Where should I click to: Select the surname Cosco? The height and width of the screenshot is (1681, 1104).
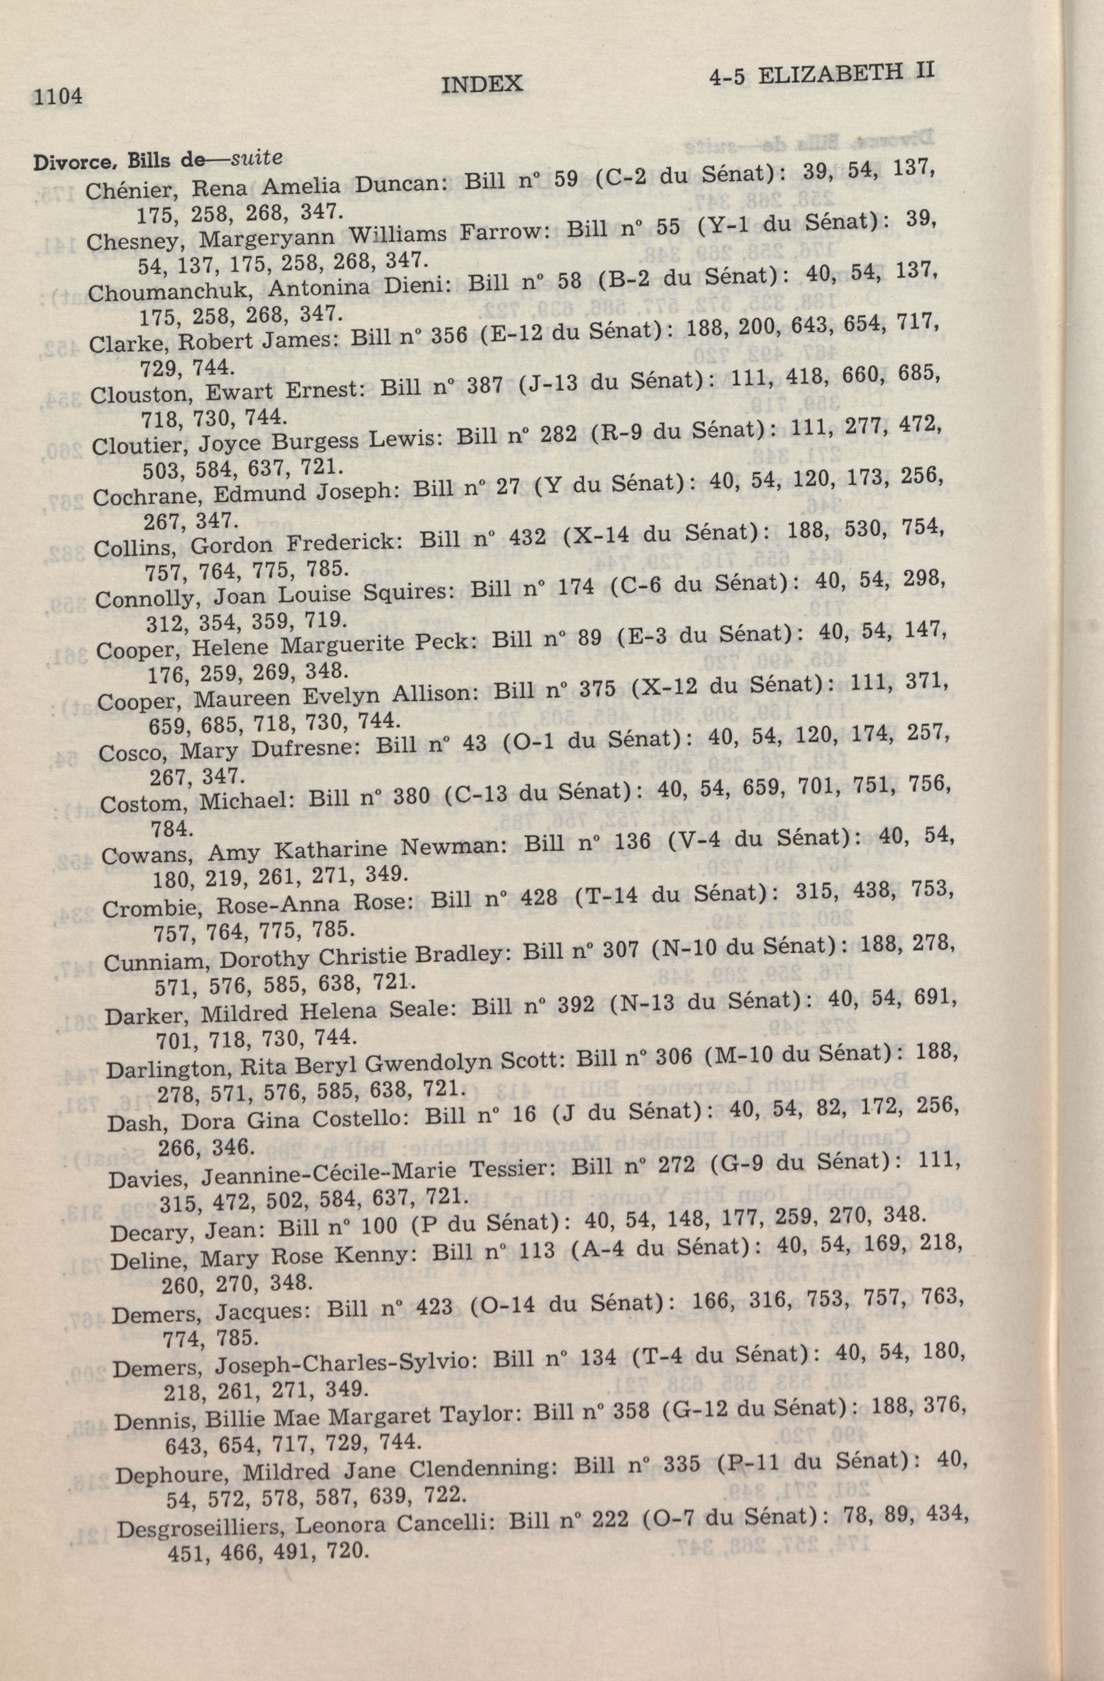click(127, 753)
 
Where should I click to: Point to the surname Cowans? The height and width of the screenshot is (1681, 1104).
click(147, 855)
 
